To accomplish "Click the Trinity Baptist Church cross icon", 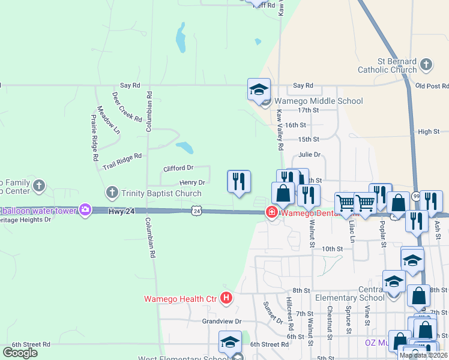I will click(x=112, y=193).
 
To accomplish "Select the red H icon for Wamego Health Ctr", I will click(x=226, y=297).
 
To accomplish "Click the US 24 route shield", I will click(x=196, y=211).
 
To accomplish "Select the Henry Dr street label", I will click(x=192, y=182).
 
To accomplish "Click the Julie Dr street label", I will click(x=310, y=154).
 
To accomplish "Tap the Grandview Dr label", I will click(x=221, y=321).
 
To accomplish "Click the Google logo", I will click(x=20, y=353).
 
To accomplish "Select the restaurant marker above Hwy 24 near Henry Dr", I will click(x=238, y=181).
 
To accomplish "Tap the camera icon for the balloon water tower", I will click(x=85, y=209).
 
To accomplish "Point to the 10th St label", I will click(x=332, y=248).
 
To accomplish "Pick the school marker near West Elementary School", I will click(x=230, y=342).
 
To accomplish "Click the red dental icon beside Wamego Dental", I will click(x=272, y=212).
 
